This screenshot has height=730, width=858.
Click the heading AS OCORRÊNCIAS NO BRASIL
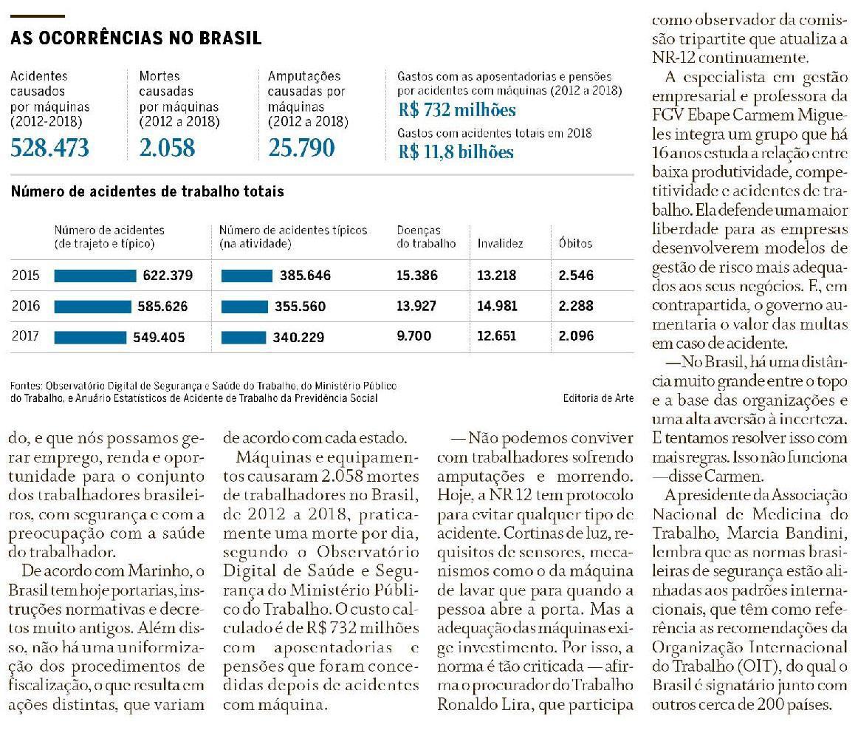(x=136, y=38)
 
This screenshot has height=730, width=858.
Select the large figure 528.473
(x=49, y=148)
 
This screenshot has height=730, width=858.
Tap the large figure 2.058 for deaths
(x=168, y=148)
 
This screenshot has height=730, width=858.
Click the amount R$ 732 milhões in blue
(x=456, y=111)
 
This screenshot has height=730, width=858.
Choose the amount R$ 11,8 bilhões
(x=456, y=152)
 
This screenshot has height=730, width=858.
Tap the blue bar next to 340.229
(x=243, y=337)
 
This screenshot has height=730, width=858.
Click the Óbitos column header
(x=575, y=243)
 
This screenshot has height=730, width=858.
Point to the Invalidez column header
(x=500, y=243)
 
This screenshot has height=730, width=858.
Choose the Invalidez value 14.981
(x=497, y=306)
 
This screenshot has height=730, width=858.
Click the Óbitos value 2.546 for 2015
(x=576, y=276)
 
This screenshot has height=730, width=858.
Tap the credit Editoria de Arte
(x=597, y=398)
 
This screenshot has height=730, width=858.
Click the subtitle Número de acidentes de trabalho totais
(x=147, y=191)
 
